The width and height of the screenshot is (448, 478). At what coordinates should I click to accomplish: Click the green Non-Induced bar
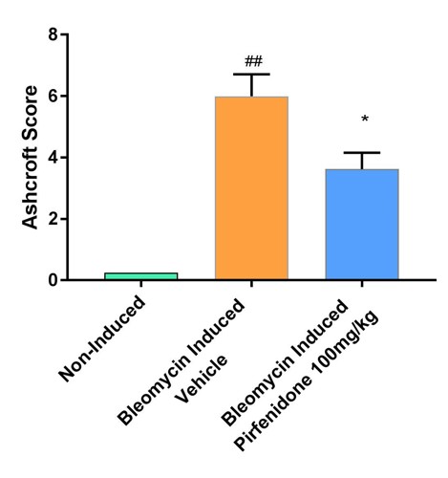tap(140, 276)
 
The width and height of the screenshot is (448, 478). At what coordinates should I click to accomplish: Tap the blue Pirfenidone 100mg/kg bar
tap(362, 225)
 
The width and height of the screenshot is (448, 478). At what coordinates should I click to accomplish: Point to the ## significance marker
tap(253, 61)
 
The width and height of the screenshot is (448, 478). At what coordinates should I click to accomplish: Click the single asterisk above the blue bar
tap(364, 120)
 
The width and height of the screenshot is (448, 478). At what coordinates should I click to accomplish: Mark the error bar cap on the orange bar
tap(251, 75)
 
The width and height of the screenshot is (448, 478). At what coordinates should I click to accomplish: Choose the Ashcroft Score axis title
tap(31, 158)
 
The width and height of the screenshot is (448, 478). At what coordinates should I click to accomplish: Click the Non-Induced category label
tap(103, 339)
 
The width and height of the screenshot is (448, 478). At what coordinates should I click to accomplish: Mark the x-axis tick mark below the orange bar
tap(251, 286)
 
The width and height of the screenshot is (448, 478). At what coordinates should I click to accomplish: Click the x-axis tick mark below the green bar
tap(140, 286)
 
